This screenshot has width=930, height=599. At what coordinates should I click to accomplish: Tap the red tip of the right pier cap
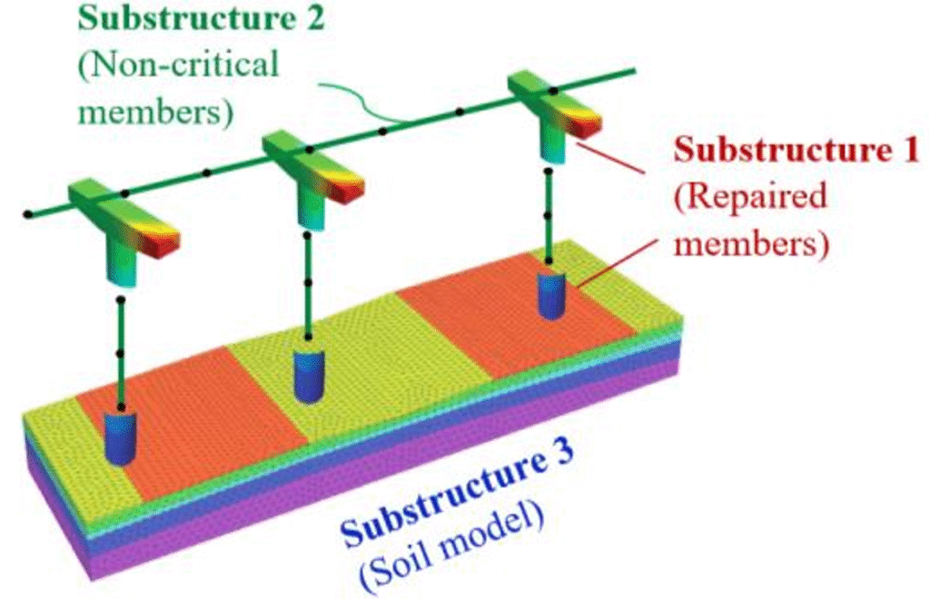tap(589, 123)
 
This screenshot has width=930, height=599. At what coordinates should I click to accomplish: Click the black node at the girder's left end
tap(29, 215)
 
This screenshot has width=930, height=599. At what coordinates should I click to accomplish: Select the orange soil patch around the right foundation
tap(481, 327)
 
